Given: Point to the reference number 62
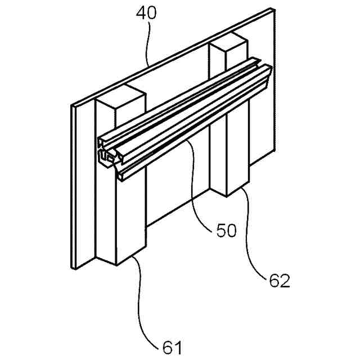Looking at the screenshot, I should pos(277,280).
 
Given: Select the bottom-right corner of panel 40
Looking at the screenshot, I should pos(274,151).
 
